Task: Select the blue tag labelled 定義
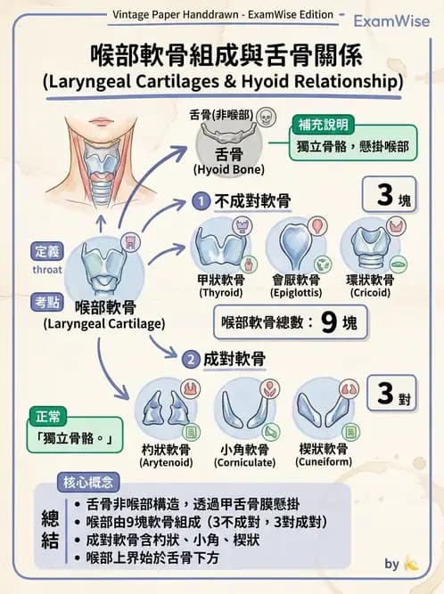click(x=46, y=251)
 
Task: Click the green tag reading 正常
click(x=46, y=416)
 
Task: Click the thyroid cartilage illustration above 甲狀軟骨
click(x=219, y=243)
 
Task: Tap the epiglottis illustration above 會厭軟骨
click(x=293, y=243)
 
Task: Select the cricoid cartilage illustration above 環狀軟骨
click(x=369, y=242)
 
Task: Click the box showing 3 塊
click(x=391, y=196)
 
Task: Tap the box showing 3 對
click(x=391, y=394)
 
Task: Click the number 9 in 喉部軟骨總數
click(x=329, y=321)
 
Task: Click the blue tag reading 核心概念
click(x=88, y=483)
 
